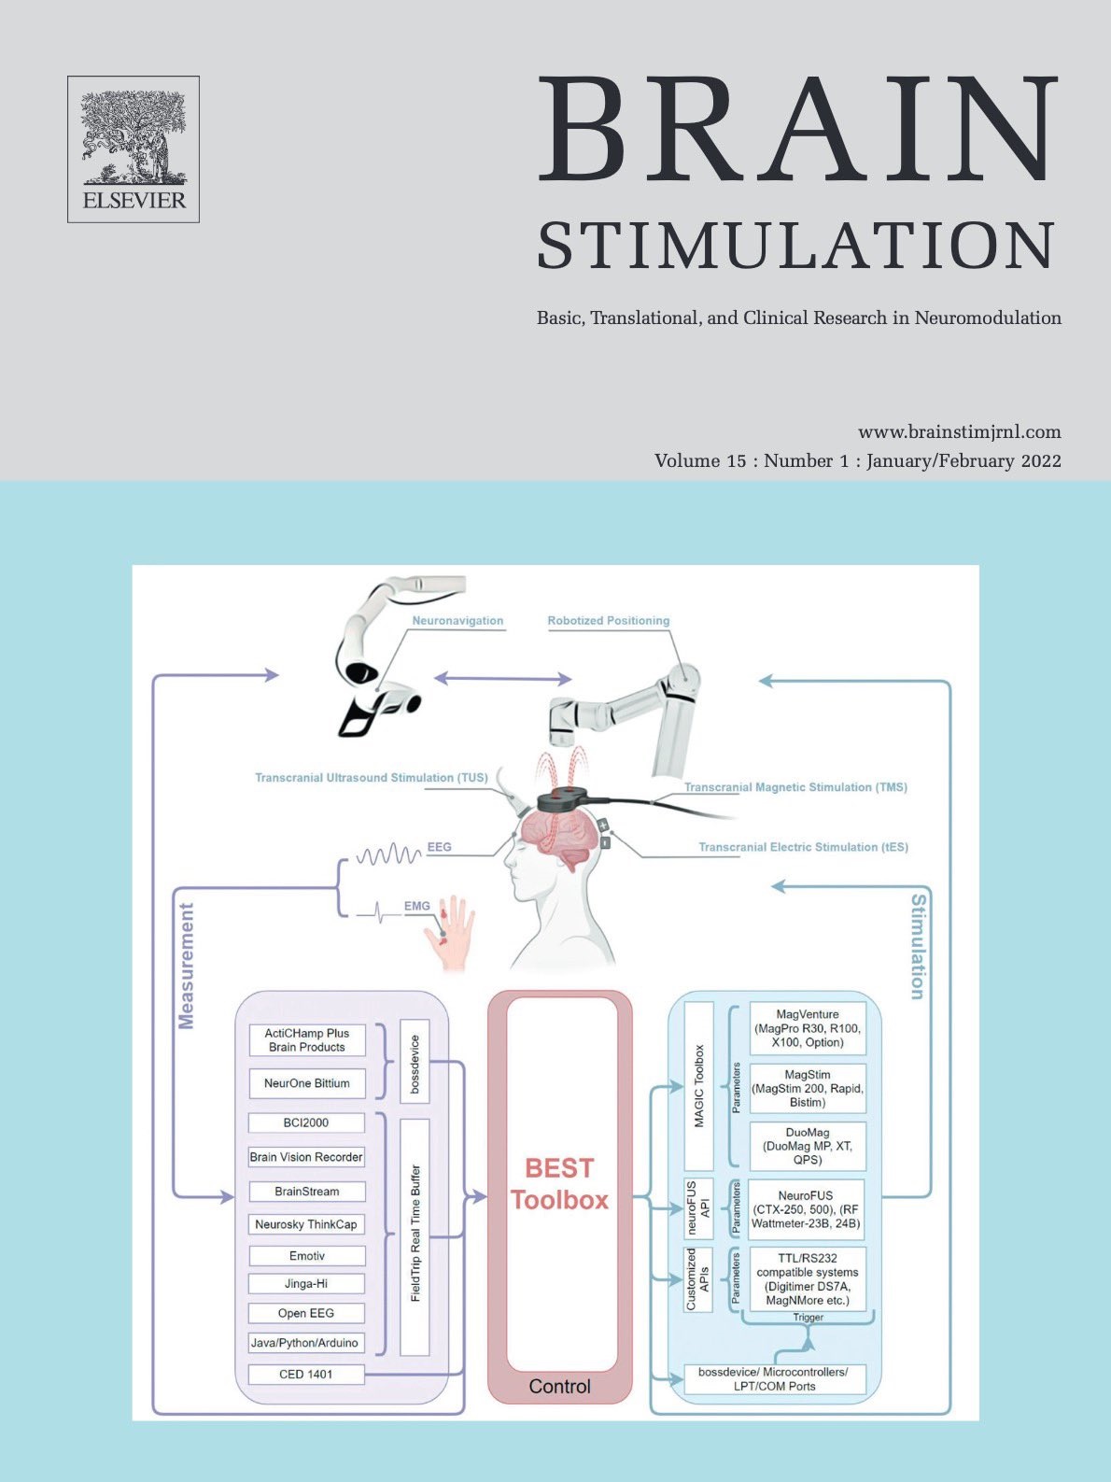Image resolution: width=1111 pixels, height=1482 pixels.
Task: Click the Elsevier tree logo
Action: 134,149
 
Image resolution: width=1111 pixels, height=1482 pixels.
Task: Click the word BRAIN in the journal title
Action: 797,129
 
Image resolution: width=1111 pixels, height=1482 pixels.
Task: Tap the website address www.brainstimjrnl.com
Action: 959,431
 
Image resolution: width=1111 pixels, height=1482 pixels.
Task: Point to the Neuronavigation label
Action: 457,620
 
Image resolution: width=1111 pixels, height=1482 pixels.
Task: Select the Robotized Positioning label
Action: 608,620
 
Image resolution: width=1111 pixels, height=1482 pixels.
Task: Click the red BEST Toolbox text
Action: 559,1183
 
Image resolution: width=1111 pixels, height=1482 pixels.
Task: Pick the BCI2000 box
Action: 306,1122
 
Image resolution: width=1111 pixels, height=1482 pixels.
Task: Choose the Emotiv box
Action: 306,1256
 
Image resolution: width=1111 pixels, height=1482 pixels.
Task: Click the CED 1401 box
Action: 306,1374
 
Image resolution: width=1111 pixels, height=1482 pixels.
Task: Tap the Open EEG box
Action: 306,1313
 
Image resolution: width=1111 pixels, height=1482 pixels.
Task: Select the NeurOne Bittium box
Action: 306,1083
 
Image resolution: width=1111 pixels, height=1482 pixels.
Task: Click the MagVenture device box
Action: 808,1028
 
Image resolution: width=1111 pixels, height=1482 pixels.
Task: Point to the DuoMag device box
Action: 808,1147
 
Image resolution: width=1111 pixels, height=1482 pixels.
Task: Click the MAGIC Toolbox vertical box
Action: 698,1086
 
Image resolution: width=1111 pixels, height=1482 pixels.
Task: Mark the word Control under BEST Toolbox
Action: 559,1386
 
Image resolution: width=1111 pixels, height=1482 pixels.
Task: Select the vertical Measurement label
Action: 186,966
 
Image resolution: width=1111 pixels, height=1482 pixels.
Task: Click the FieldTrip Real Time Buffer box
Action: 415,1237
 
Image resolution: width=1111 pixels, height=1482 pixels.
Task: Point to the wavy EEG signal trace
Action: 388,854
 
